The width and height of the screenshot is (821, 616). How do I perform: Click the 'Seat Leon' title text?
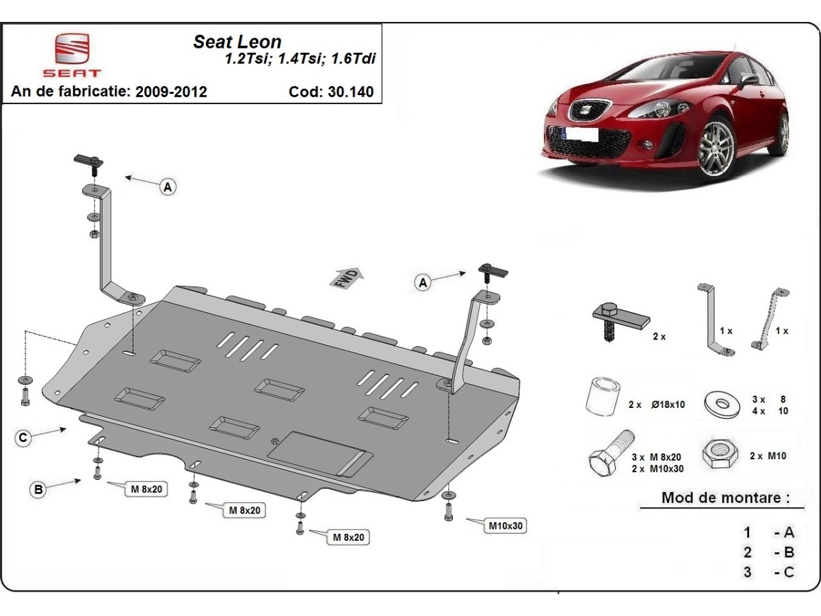coord(237,42)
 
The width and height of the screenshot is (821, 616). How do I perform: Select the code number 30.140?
coord(350,92)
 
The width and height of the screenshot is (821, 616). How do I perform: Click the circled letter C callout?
coord(23,437)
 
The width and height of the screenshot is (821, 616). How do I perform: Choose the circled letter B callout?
coord(38,489)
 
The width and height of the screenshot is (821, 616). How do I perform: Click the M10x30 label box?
coord(506,526)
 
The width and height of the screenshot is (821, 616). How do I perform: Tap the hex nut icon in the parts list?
coord(720,454)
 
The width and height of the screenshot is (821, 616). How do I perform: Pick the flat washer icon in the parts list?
coord(722,403)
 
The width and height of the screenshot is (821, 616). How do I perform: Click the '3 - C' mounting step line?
coord(769,572)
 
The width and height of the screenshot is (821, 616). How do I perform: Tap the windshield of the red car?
coord(670,70)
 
